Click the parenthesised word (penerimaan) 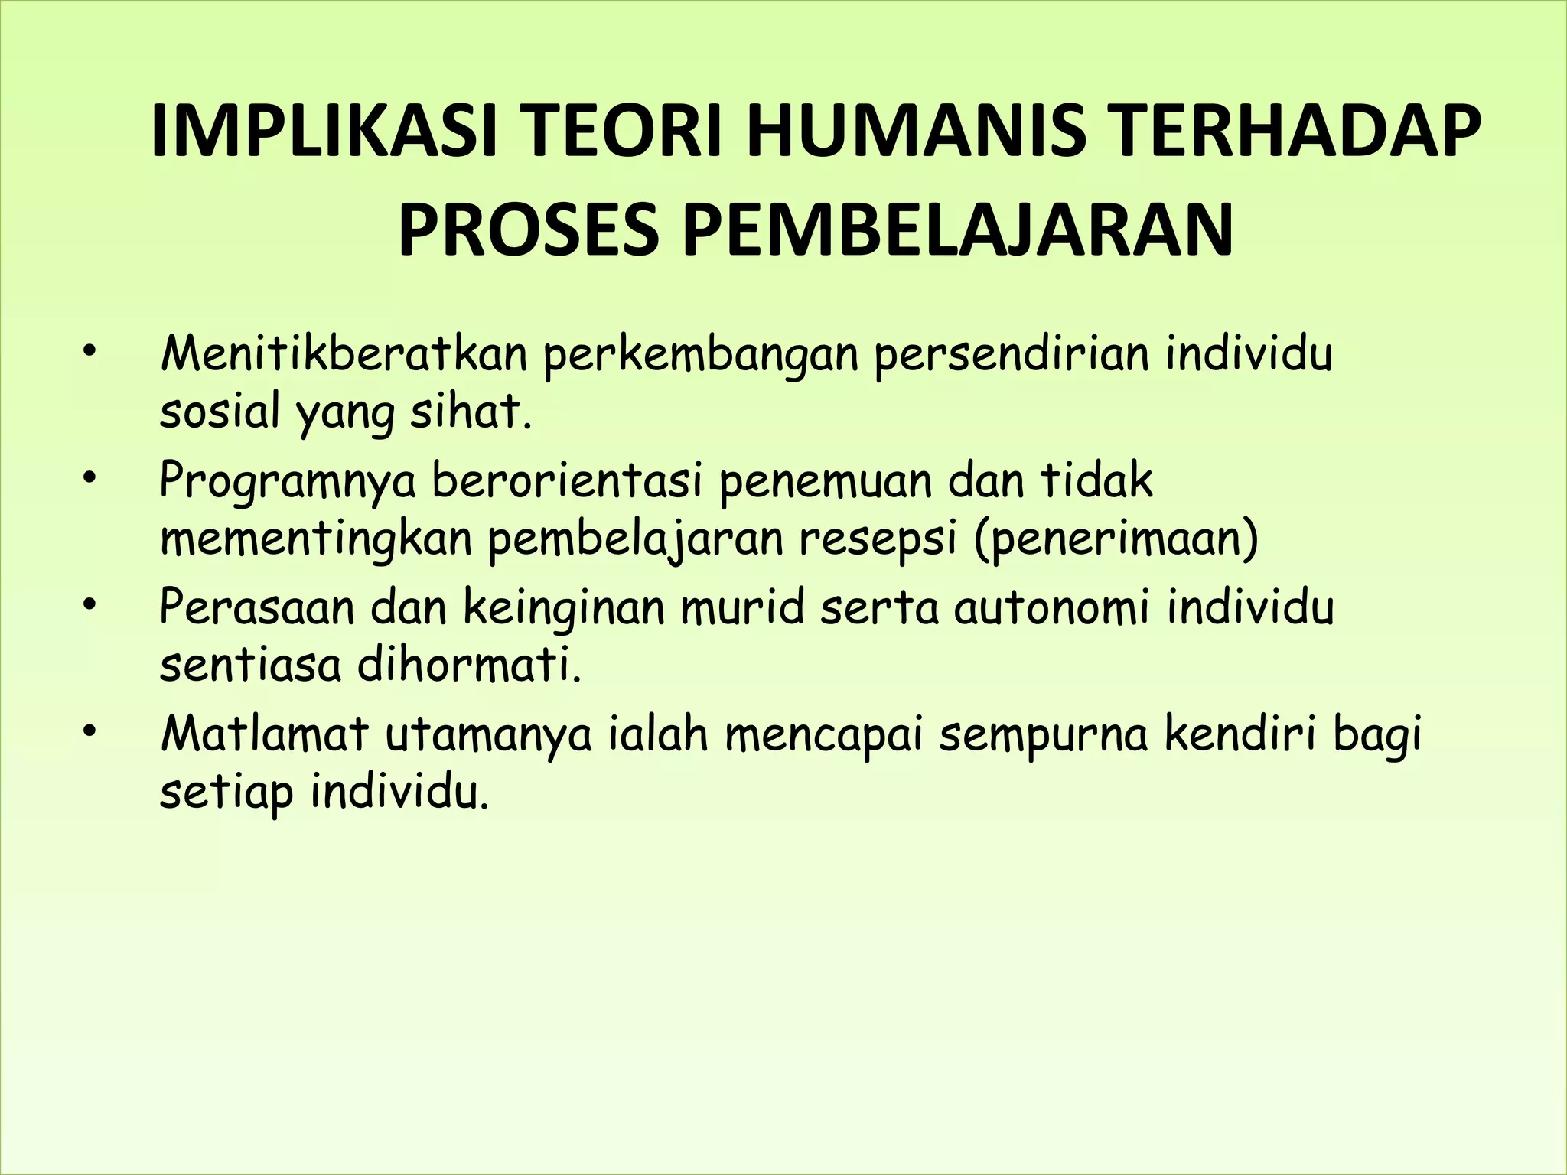pos(1117,540)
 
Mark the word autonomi pos(1051,608)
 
